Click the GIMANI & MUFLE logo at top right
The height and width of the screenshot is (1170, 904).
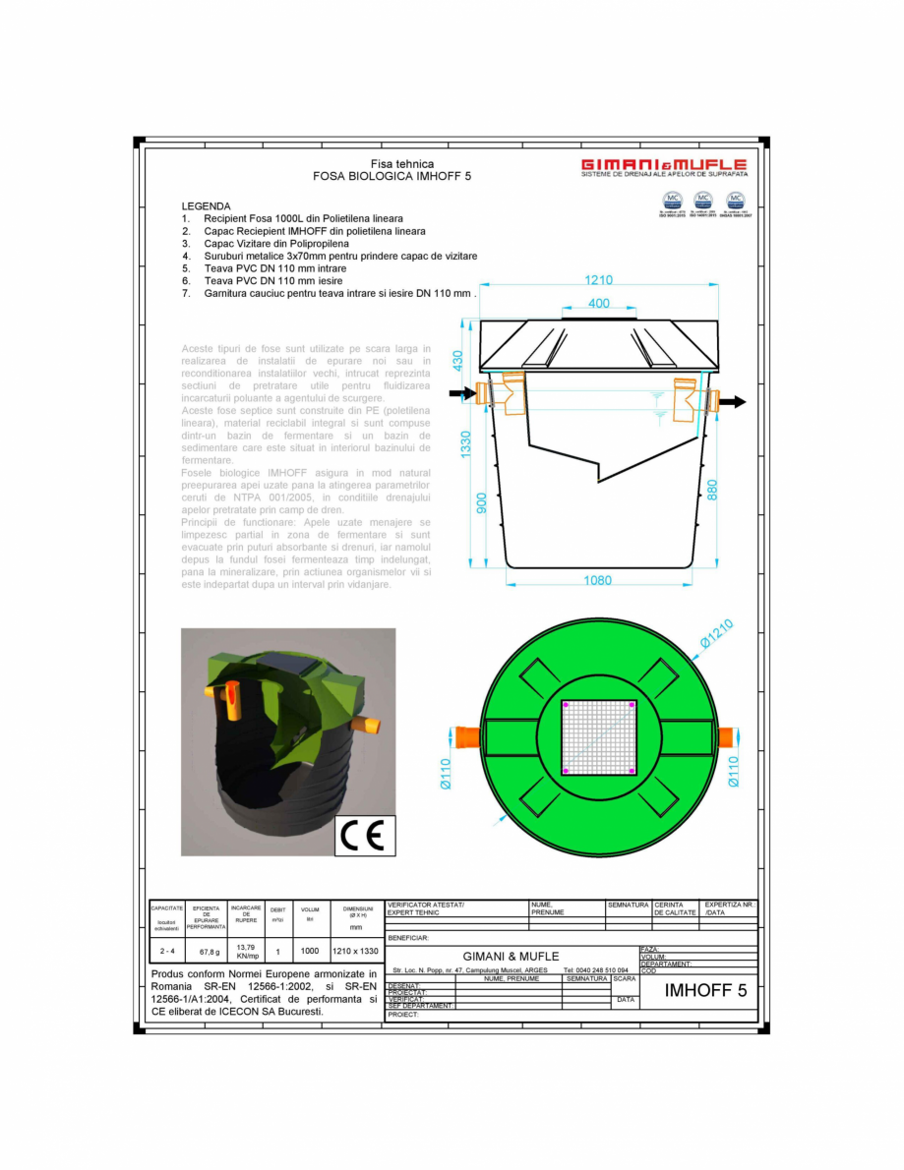tap(663, 166)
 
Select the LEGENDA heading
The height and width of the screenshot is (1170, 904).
tap(206, 206)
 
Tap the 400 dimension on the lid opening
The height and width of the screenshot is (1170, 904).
tap(598, 304)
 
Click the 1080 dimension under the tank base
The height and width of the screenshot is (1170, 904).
tap(597, 581)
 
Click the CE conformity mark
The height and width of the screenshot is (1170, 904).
tap(366, 835)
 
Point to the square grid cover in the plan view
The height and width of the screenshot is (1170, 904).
tap(599, 736)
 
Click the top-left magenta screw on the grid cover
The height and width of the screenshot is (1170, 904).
tap(566, 704)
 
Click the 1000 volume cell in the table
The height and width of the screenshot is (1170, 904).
tap(310, 951)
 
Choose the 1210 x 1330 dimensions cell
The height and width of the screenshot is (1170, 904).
tap(355, 951)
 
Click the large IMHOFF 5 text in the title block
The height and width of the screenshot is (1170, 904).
tap(705, 990)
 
